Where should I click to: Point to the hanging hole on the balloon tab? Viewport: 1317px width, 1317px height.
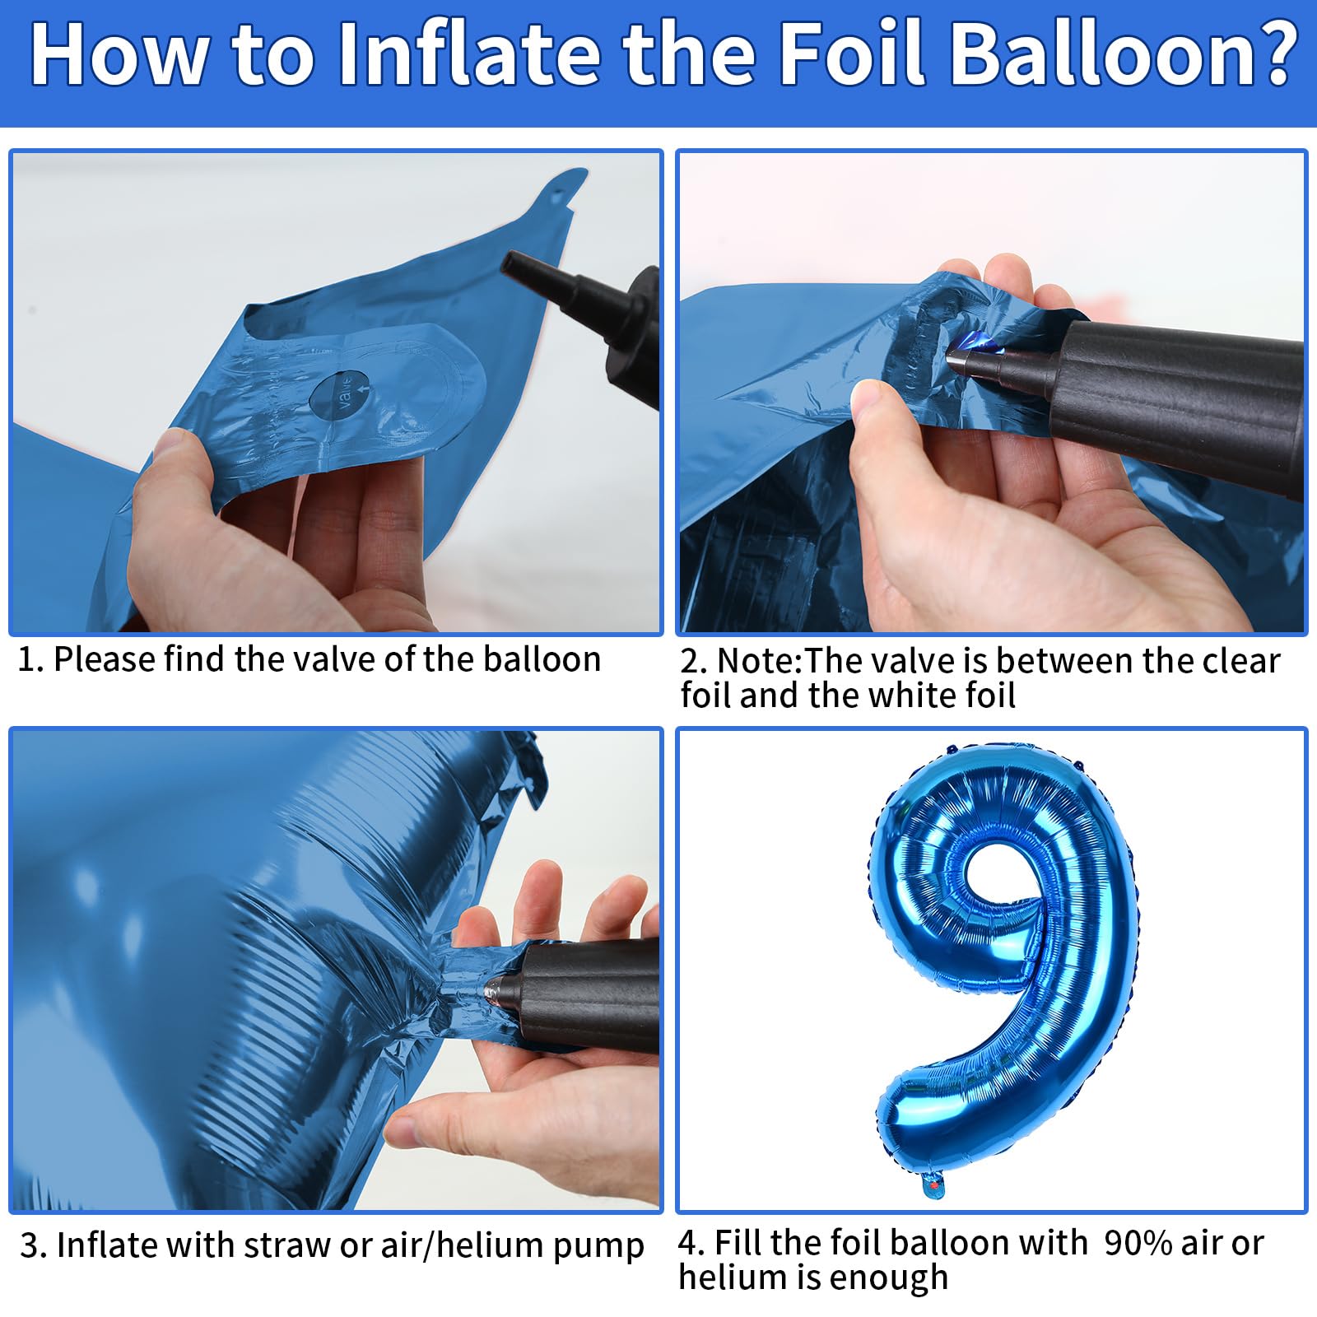coord(561,198)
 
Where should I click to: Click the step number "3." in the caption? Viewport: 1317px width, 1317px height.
coord(33,1246)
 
